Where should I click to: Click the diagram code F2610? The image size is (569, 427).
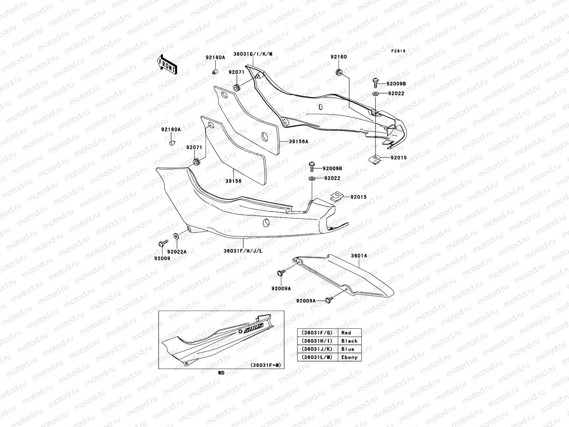click(398, 51)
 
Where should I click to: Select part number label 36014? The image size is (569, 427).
click(359, 256)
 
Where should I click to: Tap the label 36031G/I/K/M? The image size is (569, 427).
click(253, 54)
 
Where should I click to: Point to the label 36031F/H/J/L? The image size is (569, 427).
click(243, 251)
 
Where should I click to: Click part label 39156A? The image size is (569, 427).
click(298, 141)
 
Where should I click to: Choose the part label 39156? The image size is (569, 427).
click(233, 181)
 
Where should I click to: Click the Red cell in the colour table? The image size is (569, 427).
click(346, 333)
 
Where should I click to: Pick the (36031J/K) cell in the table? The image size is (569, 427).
click(317, 349)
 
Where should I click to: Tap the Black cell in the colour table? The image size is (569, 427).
click(349, 341)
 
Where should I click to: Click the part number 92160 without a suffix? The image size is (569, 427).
click(339, 57)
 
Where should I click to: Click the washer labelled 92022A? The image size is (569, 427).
click(176, 236)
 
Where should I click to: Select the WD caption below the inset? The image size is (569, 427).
click(221, 373)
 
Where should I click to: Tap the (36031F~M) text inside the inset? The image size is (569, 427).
click(265, 365)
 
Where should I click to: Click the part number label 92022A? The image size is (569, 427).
click(177, 252)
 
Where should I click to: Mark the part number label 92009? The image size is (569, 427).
click(162, 258)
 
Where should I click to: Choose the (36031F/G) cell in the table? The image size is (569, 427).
click(317, 333)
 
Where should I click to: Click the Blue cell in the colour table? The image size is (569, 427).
click(347, 349)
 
